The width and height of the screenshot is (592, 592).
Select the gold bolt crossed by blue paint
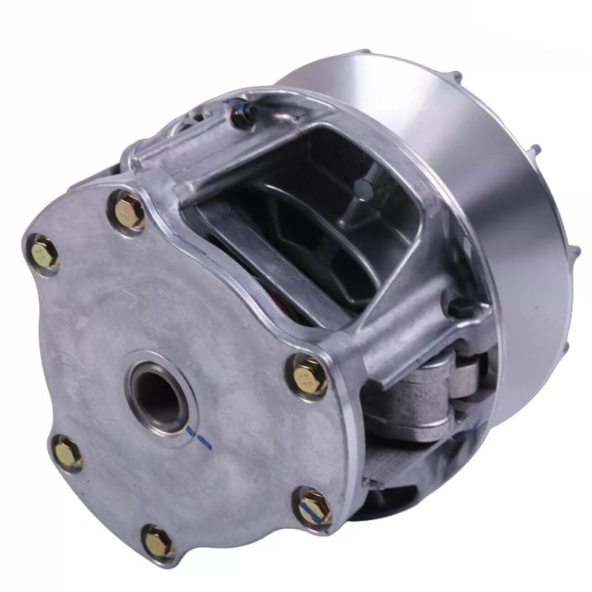314,508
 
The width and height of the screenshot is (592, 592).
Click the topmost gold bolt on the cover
131,212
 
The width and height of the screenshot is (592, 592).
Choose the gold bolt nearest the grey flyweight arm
309,377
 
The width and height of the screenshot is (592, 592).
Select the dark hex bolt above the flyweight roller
460,307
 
